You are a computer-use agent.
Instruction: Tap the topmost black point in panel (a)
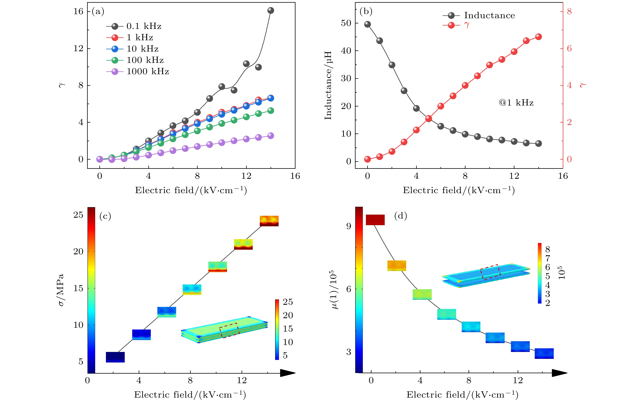coord(271,10)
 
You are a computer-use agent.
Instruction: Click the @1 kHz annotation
coord(516,103)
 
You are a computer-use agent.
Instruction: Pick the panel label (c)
coord(105,216)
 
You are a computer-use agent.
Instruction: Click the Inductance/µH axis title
coord(328,85)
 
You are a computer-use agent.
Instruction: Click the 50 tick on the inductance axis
coord(346,23)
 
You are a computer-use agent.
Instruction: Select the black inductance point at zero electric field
coord(368,24)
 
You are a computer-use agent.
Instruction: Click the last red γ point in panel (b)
coord(539,37)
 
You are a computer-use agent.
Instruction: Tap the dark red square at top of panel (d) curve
coord(375,220)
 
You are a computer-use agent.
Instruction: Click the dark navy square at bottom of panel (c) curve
coord(115,357)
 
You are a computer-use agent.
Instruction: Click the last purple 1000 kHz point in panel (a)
coord(271,136)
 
